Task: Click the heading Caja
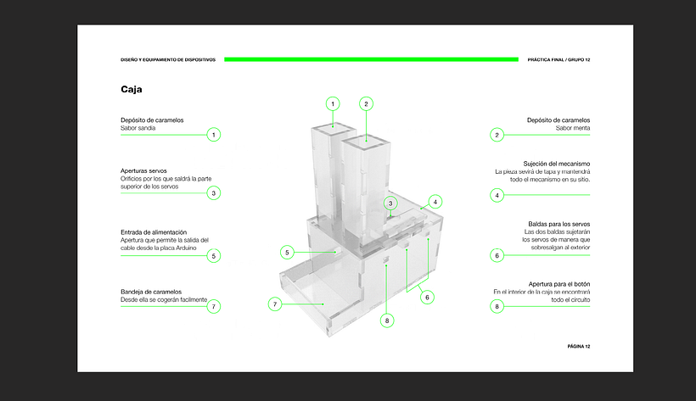click(x=132, y=89)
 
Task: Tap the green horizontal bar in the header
click(x=371, y=59)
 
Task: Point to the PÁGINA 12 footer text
click(x=579, y=347)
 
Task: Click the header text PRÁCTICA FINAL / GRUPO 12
click(x=558, y=59)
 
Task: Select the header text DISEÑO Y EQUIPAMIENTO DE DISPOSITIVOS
click(x=168, y=59)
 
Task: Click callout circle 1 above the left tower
click(x=333, y=103)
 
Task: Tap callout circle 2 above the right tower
click(x=366, y=103)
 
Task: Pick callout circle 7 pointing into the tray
click(x=275, y=304)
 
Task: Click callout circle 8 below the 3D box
click(x=387, y=320)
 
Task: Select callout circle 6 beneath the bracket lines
click(x=427, y=298)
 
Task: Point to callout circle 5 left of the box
click(x=287, y=253)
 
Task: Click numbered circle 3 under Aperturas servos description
click(x=214, y=193)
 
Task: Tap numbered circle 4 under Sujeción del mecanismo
click(x=497, y=195)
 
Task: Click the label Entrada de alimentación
click(x=154, y=232)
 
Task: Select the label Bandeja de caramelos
click(x=151, y=292)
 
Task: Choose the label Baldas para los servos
click(x=558, y=224)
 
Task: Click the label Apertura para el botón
click(x=559, y=284)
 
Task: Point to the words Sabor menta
click(x=573, y=128)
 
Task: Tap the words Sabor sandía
click(x=138, y=128)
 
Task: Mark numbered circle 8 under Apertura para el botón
click(x=497, y=306)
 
